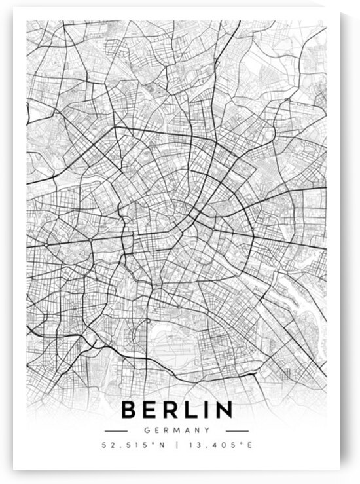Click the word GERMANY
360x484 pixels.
(176, 430)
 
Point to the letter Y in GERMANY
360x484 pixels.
(207, 430)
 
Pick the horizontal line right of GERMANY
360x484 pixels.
(237, 430)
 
